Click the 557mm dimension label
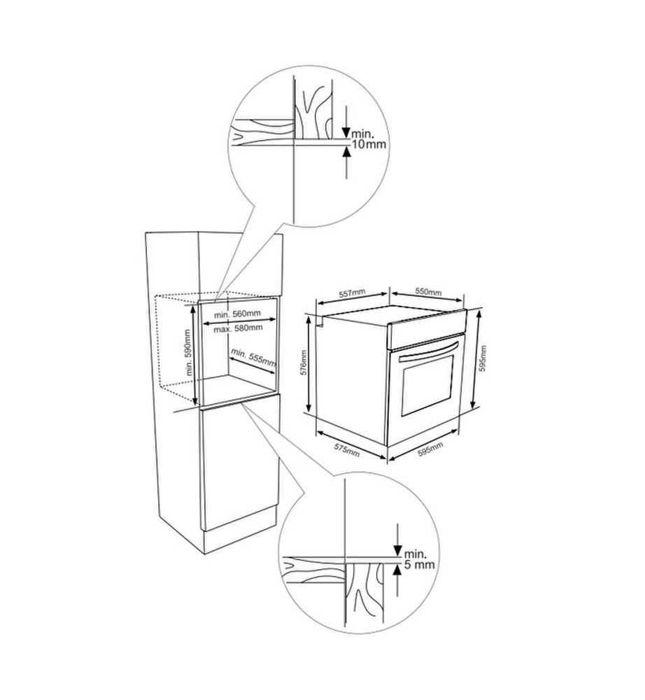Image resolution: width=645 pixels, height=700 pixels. (352, 293)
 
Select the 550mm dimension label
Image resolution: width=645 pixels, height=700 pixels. (428, 291)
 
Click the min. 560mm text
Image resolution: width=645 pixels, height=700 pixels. (237, 314)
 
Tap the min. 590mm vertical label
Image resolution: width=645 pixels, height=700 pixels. (187, 353)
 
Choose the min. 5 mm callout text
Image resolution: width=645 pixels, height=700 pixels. (419, 559)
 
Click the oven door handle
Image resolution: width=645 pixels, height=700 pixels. (429, 351)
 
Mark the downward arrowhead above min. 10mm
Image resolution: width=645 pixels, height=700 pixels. (346, 132)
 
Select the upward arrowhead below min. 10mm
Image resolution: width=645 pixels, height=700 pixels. (346, 151)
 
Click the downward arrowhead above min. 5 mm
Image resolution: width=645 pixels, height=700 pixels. (397, 551)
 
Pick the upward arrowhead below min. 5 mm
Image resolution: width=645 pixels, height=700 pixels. (397, 569)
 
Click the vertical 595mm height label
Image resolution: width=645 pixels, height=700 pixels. (484, 358)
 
